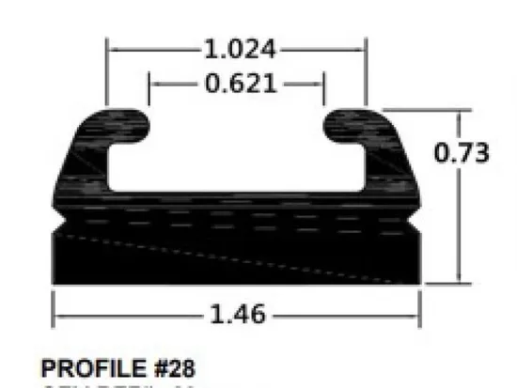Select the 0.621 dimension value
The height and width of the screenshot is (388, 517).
(238, 84)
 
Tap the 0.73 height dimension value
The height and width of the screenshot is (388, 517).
(462, 152)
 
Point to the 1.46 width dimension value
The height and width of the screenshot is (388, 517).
(235, 313)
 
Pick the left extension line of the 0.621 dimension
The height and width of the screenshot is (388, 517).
(149, 92)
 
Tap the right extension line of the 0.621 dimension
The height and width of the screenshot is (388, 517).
(324, 92)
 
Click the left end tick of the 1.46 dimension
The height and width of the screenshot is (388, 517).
(53, 313)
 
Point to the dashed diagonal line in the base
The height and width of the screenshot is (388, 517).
(235, 257)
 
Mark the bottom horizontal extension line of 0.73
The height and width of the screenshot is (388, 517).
(437, 282)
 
